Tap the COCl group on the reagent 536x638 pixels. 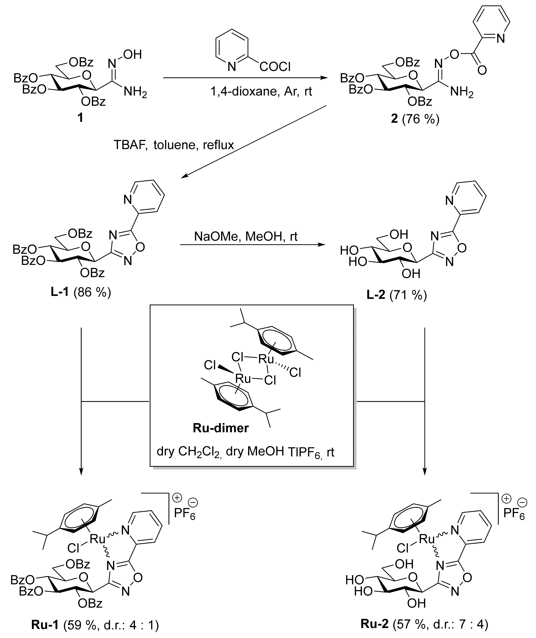275,67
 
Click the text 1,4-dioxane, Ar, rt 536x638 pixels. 261,91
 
